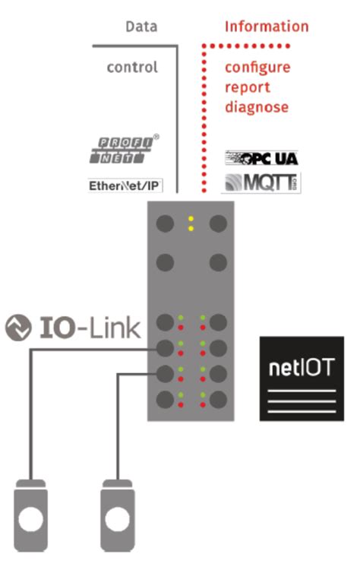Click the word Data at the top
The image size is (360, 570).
pos(141,27)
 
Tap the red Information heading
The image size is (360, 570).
pos(267,27)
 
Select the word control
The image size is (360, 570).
pos(132,68)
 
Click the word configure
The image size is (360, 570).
pos(257,68)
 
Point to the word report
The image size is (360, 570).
pos(246,87)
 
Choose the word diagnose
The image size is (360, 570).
pos(257,107)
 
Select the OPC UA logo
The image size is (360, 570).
pos(261,158)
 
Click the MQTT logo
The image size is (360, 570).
pos(261,182)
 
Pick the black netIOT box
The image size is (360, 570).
pos(302,378)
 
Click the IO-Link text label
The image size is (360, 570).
pos(90,328)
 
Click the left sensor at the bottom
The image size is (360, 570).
pos(31,516)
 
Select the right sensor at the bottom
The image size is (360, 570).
pos(118,516)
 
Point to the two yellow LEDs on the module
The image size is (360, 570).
pos(191,223)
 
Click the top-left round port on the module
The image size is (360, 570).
pos(165,223)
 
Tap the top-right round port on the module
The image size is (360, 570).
pos(218,223)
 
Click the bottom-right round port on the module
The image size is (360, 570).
pos(218,400)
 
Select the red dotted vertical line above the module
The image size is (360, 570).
pos(203,122)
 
